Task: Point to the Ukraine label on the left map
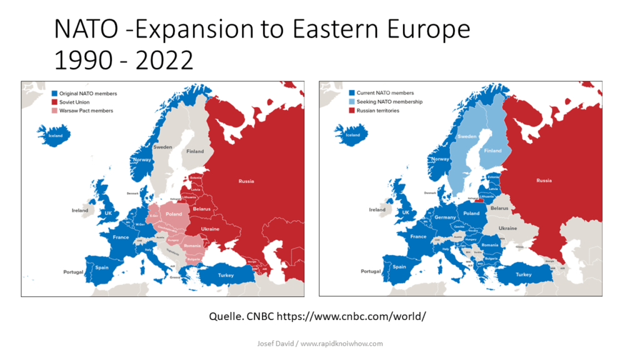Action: click(x=210, y=229)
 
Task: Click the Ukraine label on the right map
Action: click(x=507, y=228)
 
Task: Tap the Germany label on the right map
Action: click(x=445, y=217)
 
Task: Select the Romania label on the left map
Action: click(x=192, y=246)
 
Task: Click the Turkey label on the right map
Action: click(x=524, y=274)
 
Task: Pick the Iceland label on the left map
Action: click(x=56, y=134)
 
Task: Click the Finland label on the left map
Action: click(x=196, y=151)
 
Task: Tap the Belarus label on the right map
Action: click(x=499, y=207)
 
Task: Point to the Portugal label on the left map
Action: click(x=73, y=272)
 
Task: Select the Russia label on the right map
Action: click(x=544, y=181)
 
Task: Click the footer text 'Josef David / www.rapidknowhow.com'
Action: click(x=320, y=343)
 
